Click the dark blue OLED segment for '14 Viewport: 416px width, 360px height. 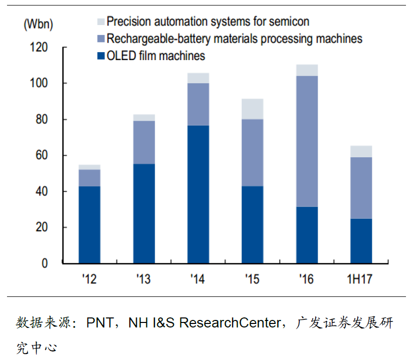pyautogui.click(x=198, y=194)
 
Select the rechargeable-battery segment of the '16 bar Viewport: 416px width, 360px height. pyautogui.click(x=307, y=141)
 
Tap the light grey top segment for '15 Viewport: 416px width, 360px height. pyautogui.click(x=253, y=109)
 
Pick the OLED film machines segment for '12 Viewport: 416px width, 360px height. pyautogui.click(x=89, y=225)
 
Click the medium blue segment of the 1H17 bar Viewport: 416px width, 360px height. pyautogui.click(x=361, y=188)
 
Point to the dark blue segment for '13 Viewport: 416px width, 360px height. pyautogui.click(x=144, y=213)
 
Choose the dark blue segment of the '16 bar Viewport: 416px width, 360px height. pyautogui.click(x=307, y=235)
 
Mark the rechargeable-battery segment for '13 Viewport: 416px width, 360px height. pyautogui.click(x=144, y=142)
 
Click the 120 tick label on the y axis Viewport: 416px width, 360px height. pyautogui.click(x=39, y=48)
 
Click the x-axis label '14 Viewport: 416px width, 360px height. pyautogui.click(x=197, y=279)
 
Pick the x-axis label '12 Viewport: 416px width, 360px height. pyautogui.click(x=89, y=279)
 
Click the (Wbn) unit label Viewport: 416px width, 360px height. pyautogui.click(x=38, y=23)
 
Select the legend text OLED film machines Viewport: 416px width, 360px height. pyautogui.click(x=156, y=56)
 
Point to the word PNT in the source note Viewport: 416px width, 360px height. pyautogui.click(x=100, y=323)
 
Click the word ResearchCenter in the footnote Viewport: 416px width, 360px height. pyautogui.click(x=230, y=323)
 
